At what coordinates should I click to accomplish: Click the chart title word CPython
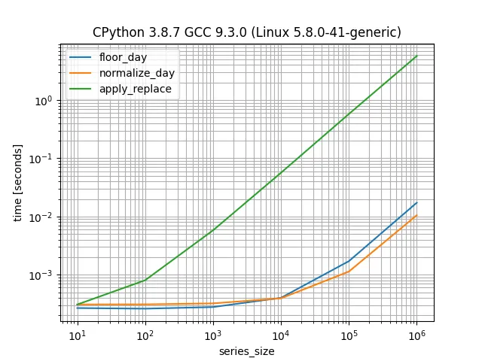click(115, 32)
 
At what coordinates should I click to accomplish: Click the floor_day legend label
click(123, 57)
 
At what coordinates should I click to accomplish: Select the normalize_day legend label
click(136, 73)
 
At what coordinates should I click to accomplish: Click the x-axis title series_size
click(246, 351)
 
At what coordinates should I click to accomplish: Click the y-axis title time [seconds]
click(18, 184)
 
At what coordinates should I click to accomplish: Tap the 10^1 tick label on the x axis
click(77, 335)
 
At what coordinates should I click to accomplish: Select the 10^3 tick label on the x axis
click(212, 335)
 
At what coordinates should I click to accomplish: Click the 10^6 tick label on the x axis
click(416, 335)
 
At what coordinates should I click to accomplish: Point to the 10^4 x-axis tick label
click(280, 335)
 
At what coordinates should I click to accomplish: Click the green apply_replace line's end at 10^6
click(416, 56)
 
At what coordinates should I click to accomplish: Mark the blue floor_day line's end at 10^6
click(416, 203)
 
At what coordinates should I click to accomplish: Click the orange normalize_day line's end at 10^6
click(416, 215)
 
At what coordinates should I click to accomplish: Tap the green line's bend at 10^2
click(145, 281)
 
